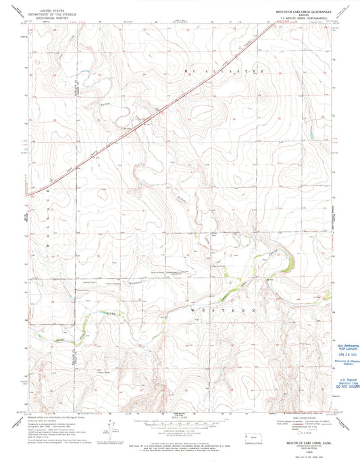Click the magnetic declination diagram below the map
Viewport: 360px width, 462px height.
tap(108, 426)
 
